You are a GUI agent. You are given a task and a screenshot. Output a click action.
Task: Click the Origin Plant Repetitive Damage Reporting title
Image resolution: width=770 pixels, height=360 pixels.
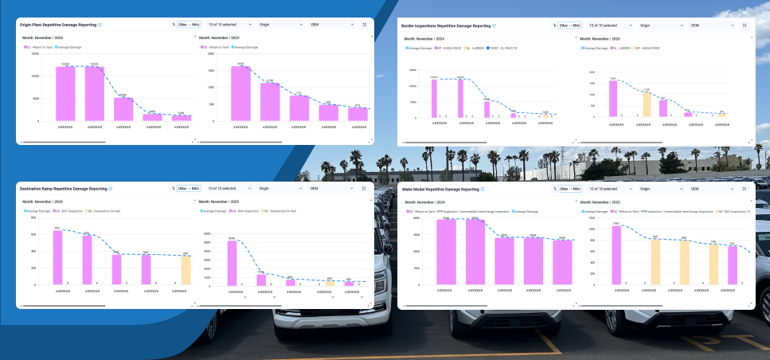pyautogui.click(x=57, y=25)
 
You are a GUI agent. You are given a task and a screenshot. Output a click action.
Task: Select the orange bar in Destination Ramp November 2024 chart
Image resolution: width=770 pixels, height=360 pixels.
pyautogui.click(x=186, y=270)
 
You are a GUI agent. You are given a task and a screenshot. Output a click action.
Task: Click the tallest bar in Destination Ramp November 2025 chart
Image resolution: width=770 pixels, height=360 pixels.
pyautogui.click(x=232, y=263)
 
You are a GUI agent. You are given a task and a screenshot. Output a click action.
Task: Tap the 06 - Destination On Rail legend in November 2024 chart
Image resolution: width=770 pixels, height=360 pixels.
pyautogui.click(x=105, y=211)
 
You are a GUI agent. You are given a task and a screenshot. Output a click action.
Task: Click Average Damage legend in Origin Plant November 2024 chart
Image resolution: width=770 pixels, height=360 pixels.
pyautogui.click(x=72, y=48)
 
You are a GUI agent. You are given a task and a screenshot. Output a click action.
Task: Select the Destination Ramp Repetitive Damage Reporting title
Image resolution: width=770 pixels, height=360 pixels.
pyautogui.click(x=63, y=189)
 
